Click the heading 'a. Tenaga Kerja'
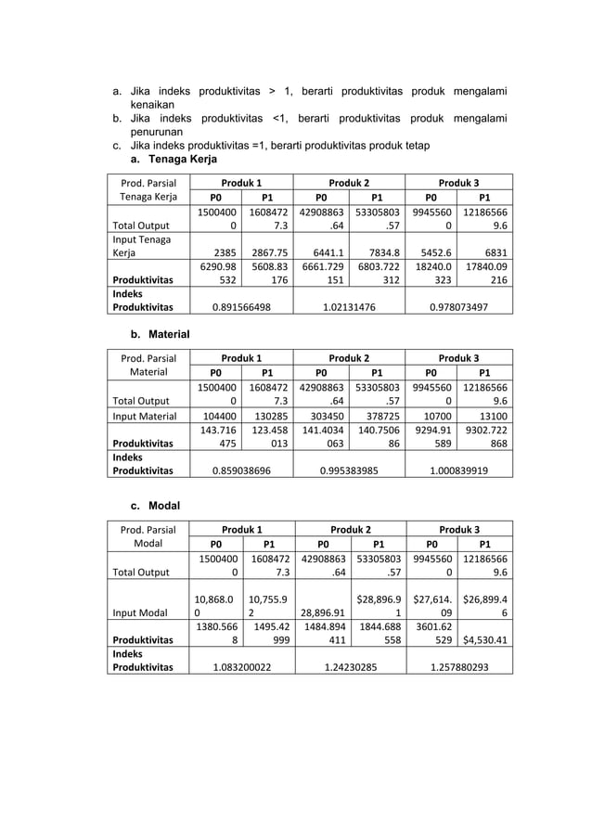point(173,160)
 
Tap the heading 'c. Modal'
point(154,506)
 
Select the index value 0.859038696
point(240,470)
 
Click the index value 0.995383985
point(348,470)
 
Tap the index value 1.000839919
point(457,470)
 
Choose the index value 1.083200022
point(240,666)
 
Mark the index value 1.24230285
point(348,666)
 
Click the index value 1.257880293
point(457,666)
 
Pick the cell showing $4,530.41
point(484,639)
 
